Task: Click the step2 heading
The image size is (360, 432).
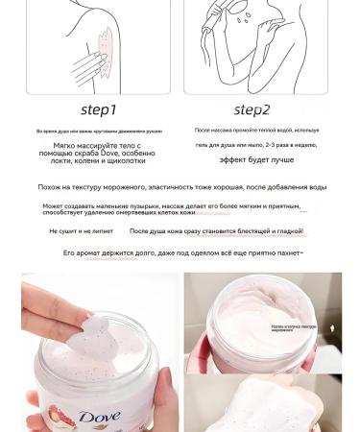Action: point(252,109)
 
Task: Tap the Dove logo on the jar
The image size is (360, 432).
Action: point(99,417)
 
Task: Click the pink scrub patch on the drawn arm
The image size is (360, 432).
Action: point(107,44)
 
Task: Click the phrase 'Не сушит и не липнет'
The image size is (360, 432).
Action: point(81,231)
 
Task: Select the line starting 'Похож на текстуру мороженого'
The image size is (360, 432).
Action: point(180,187)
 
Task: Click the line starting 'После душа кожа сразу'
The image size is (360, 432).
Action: point(216,231)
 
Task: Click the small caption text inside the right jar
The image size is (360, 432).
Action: point(293,327)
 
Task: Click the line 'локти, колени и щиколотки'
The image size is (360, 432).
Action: point(99,161)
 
